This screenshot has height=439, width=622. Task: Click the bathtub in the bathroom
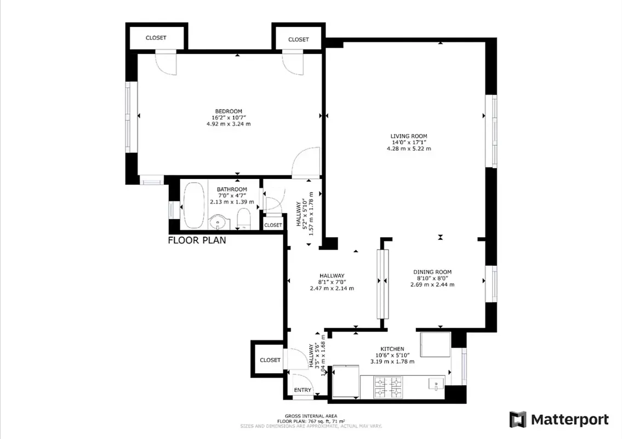pos(193,205)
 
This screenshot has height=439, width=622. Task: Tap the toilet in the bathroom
pos(244,218)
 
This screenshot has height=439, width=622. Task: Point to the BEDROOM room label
pos(228,111)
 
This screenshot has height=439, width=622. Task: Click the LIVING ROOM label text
pos(408,136)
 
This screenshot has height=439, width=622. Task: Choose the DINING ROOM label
pos(432,272)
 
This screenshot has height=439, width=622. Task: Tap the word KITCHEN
pos(392,349)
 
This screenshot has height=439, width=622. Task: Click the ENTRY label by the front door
pos(303,390)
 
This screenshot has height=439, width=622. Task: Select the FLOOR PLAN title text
pos(196,240)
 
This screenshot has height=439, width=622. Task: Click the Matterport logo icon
pos(517,419)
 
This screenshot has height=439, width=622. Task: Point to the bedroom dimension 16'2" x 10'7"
pos(228,117)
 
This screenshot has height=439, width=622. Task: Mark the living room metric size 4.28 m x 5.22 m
pos(408,148)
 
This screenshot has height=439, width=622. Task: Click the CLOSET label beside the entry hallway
pos(270,360)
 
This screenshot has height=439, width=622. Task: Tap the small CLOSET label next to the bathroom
pos(273,225)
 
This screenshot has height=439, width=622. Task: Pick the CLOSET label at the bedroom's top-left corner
pos(156,38)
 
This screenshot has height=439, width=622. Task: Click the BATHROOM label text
pos(231,190)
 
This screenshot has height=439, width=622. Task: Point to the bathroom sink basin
pos(219,223)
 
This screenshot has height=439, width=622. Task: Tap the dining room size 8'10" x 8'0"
pos(432,278)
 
